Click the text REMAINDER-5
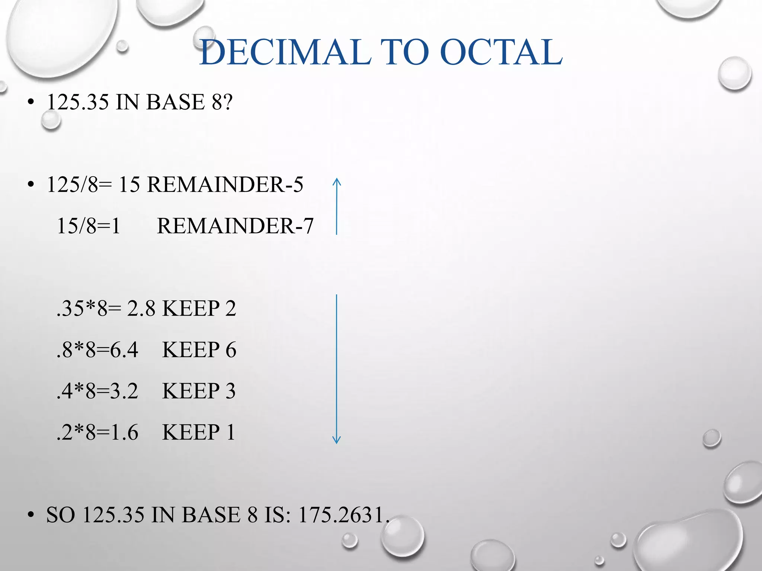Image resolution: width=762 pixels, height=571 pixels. tap(225, 184)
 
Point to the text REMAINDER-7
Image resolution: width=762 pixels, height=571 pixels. tap(235, 226)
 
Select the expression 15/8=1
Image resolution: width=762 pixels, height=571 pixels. tap(89, 226)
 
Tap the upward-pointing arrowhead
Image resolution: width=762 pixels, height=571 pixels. tap(336, 182)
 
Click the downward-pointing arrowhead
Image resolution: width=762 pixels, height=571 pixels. tap(336, 440)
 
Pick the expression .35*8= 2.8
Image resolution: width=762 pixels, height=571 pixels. tap(106, 309)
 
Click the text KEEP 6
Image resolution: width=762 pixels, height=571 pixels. tap(199, 350)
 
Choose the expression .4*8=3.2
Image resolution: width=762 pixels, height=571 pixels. tap(97, 391)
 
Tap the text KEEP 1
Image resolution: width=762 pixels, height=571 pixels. tap(199, 432)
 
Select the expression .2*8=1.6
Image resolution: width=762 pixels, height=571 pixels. tap(97, 432)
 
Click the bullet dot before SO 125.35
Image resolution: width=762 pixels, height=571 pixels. tap(31, 516)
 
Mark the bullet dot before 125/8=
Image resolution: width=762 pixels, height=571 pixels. tap(31, 185)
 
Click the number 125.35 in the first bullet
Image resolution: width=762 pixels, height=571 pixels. tap(78, 102)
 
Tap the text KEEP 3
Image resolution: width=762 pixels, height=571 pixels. tap(199, 391)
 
